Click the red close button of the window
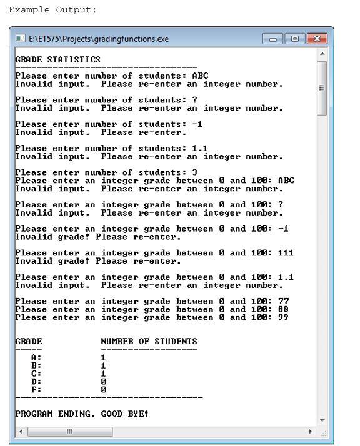click(318, 39)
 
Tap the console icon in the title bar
click(21, 39)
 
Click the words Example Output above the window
click(52, 10)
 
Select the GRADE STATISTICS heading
click(57, 59)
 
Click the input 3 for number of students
click(195, 172)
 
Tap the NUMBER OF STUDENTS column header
click(149, 341)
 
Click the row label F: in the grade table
click(36, 389)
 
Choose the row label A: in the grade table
click(36, 357)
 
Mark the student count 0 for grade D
click(103, 381)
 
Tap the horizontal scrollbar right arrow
click(311, 432)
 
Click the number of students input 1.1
click(200, 149)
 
